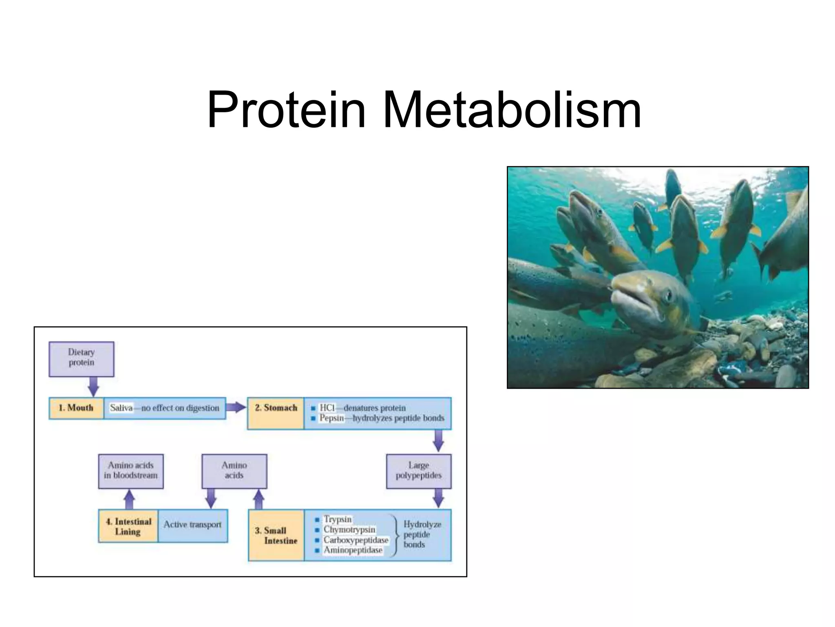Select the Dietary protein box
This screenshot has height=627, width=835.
(x=81, y=358)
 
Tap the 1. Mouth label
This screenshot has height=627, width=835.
(x=76, y=408)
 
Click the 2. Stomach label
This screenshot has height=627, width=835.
(x=276, y=408)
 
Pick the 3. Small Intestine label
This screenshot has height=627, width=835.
(x=276, y=535)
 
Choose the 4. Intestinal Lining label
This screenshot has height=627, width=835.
(x=128, y=526)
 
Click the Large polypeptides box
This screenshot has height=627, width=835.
(x=418, y=471)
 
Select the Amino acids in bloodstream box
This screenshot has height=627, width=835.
(x=130, y=471)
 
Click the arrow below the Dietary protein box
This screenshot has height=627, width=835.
(x=94, y=386)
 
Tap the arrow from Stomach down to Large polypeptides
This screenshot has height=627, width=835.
(x=438, y=441)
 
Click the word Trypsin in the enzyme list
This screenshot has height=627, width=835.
(x=338, y=519)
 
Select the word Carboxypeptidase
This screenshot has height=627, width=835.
(x=356, y=540)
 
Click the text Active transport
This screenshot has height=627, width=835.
(x=192, y=525)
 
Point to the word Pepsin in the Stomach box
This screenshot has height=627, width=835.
(x=331, y=418)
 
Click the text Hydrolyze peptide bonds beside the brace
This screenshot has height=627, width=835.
(x=422, y=534)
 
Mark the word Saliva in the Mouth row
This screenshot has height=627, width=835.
(x=121, y=408)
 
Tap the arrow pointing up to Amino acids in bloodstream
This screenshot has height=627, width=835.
(x=129, y=499)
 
